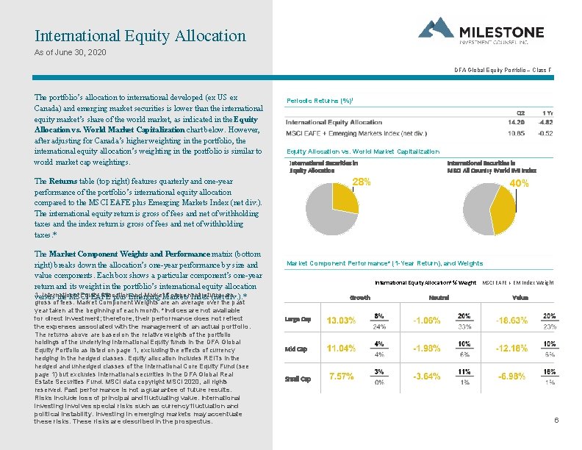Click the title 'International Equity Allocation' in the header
coord(140,35)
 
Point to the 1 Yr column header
coord(547,112)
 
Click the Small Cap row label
coord(298,378)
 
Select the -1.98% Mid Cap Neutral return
coord(427,349)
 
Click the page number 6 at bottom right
coord(556,421)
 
